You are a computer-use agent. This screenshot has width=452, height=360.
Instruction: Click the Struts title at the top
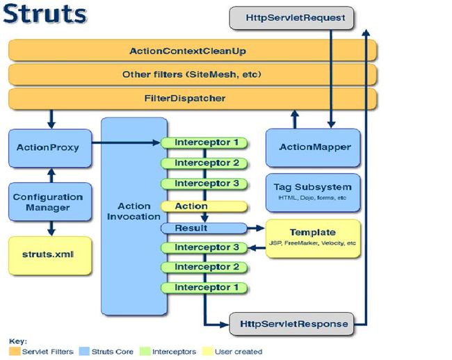45,14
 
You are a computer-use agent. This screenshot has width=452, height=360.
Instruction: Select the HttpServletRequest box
291,18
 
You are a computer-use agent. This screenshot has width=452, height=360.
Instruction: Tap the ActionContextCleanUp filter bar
193,51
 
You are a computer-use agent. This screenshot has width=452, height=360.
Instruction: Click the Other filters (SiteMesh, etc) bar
193,74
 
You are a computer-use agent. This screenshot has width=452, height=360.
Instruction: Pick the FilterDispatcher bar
193,99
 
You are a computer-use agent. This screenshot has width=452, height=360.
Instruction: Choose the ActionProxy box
50,148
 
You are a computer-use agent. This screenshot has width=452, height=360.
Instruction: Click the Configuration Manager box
50,202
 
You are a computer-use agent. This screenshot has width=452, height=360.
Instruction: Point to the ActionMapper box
313,148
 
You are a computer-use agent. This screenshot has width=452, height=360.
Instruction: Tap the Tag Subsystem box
313,193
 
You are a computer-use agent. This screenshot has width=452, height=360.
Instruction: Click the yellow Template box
313,238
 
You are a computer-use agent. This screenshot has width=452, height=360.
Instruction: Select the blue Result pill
204,228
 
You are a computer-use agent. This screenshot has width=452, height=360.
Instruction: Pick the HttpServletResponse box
291,324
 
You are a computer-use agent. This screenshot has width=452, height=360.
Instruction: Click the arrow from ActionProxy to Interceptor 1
126,142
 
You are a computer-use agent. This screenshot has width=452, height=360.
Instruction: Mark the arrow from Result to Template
256,228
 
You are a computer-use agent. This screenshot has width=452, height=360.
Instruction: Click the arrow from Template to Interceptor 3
257,247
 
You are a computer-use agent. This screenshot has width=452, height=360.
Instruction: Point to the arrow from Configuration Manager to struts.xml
51,229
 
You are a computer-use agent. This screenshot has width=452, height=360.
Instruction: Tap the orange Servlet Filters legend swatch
15,352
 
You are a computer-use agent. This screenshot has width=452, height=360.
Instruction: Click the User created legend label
239,352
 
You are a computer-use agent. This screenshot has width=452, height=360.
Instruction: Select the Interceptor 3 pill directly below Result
204,247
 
